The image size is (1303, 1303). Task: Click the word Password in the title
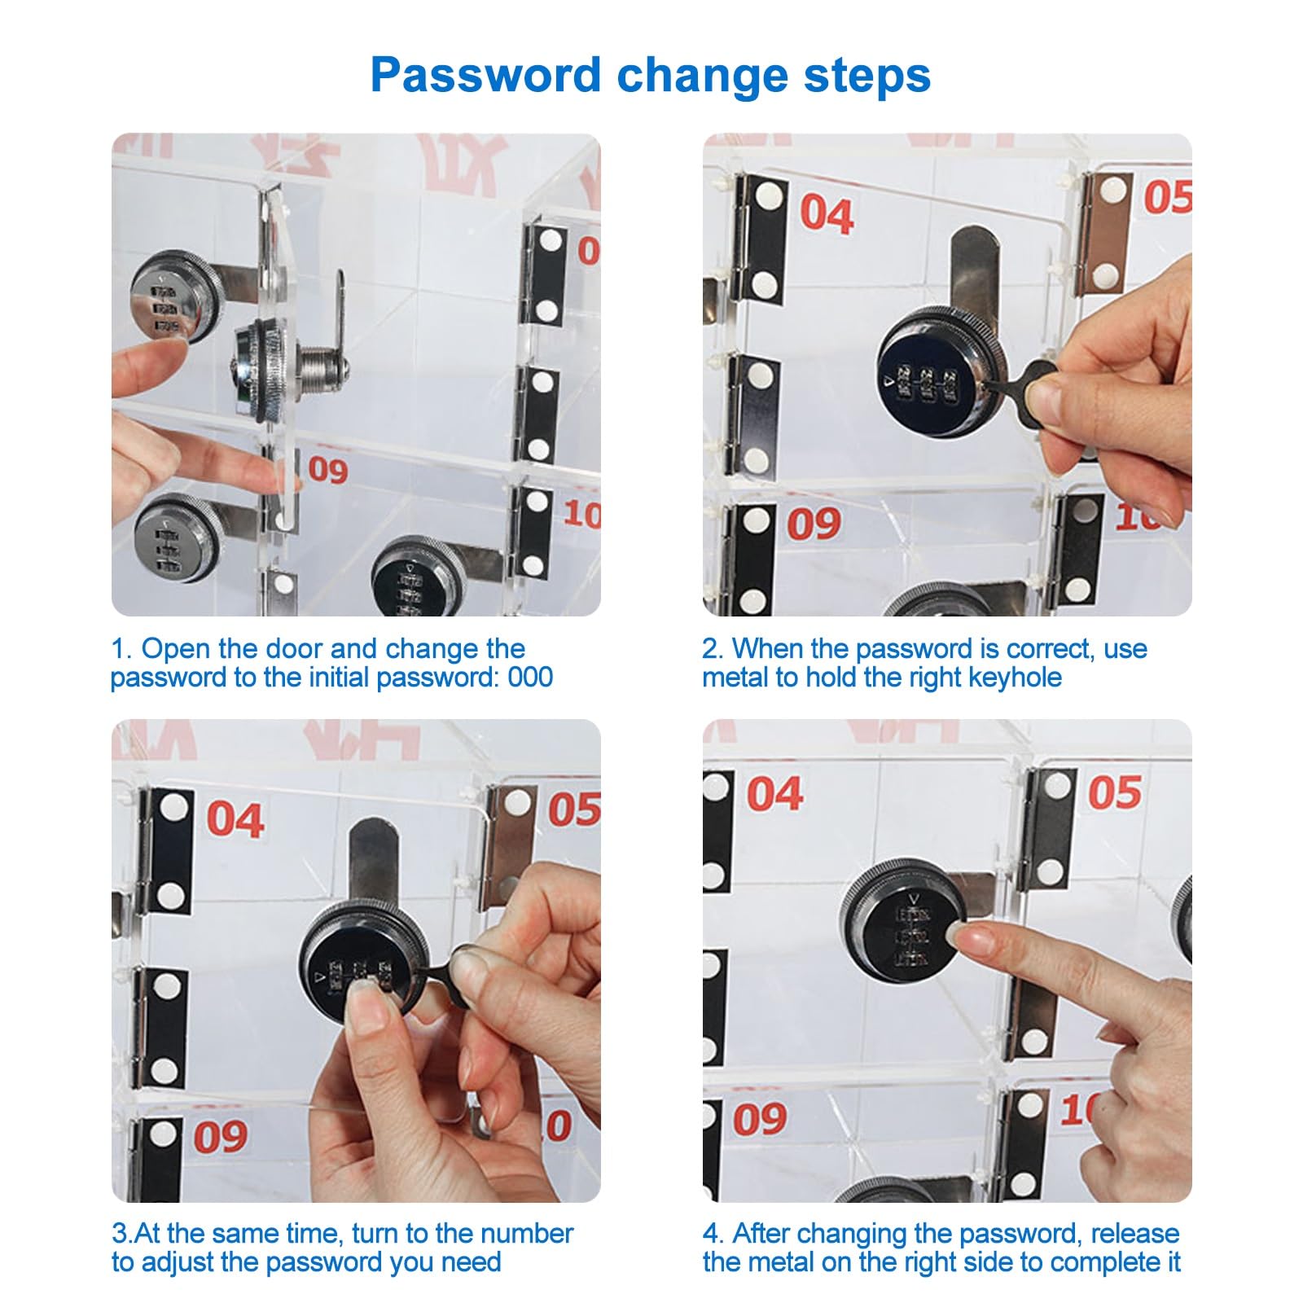485,75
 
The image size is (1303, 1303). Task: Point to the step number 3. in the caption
121,1233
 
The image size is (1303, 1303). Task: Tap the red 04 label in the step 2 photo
827,214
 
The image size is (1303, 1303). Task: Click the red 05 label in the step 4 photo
1115,792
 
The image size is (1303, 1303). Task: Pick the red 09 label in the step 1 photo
328,470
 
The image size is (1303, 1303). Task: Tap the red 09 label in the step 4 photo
760,1120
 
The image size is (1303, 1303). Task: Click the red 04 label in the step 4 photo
775,794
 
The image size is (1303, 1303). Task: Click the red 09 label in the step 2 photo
814,524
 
